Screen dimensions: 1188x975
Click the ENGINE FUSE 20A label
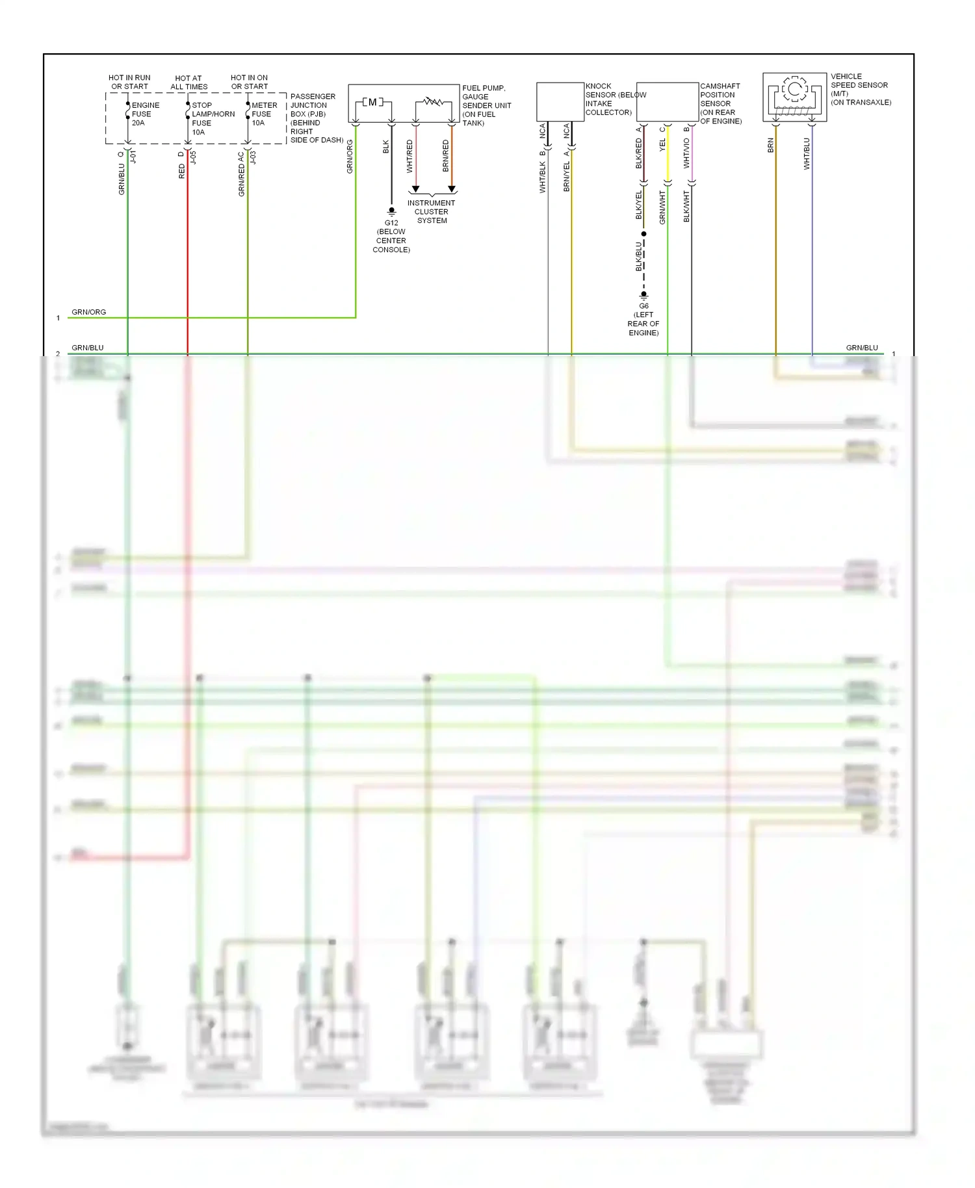click(144, 114)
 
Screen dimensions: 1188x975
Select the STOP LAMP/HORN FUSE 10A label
click(212, 118)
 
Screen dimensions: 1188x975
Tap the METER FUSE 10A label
click(264, 114)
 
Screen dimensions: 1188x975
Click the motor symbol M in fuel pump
click(372, 102)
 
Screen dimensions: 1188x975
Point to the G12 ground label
click(391, 223)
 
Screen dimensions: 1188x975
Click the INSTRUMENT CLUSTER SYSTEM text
click(432, 212)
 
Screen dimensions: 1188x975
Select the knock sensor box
click(560, 101)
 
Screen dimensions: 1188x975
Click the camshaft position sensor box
click(667, 101)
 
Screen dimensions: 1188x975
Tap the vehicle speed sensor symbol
click(794, 97)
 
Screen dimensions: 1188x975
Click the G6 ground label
click(643, 306)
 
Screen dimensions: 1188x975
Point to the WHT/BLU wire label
click(807, 154)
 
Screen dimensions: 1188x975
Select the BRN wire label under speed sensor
click(771, 146)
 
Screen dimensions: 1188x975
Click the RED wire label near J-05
click(182, 171)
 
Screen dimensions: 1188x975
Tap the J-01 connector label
click(133, 157)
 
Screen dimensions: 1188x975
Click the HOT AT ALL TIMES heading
click(188, 82)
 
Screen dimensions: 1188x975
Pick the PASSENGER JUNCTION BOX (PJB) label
click(313, 109)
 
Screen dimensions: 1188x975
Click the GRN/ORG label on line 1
click(89, 312)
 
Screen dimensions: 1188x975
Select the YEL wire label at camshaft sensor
click(662, 145)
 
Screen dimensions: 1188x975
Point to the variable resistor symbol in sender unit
click(433, 101)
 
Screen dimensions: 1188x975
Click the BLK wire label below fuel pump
click(386, 147)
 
